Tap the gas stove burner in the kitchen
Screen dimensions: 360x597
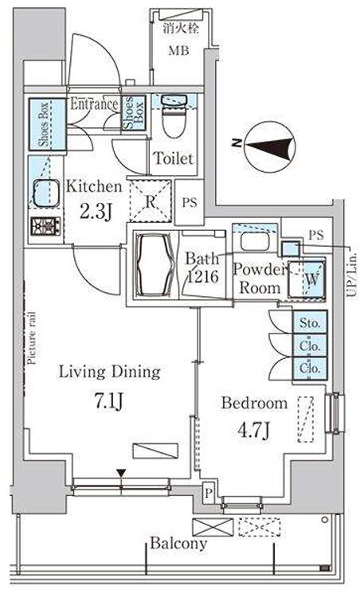pyautogui.click(x=45, y=225)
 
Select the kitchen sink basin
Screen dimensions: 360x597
pyautogui.click(x=46, y=193)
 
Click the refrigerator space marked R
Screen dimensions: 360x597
pyautogui.click(x=151, y=201)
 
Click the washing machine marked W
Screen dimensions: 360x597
pyautogui.click(x=307, y=279)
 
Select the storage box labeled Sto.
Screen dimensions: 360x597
pyautogui.click(x=310, y=323)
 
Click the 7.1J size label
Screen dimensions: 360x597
pyautogui.click(x=108, y=400)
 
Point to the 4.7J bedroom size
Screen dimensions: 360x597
pyautogui.click(x=254, y=430)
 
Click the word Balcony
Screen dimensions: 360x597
pyautogui.click(x=178, y=544)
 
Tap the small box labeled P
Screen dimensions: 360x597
pyautogui.click(x=208, y=494)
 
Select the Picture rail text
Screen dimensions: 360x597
pyautogui.click(x=32, y=338)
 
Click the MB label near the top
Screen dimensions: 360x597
pyautogui.click(x=178, y=50)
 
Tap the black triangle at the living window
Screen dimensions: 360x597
pyautogui.click(x=121, y=474)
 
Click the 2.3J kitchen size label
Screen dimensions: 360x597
pyautogui.click(x=96, y=212)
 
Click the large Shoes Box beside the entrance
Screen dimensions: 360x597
pyautogui.click(x=47, y=124)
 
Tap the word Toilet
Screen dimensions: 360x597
pyautogui.click(x=174, y=158)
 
